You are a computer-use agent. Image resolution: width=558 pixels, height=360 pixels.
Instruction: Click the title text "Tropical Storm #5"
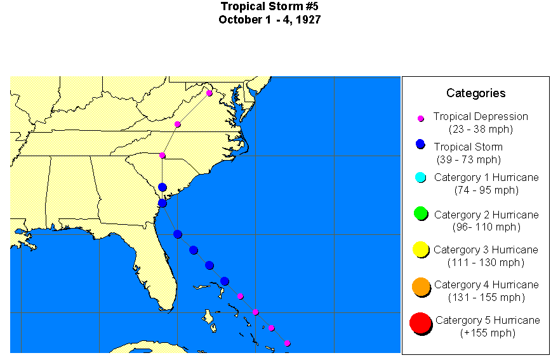[269, 6]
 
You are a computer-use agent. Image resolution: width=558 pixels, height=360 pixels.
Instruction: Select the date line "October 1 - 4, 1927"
[269, 20]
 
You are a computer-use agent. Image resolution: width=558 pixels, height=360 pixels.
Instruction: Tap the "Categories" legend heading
[475, 93]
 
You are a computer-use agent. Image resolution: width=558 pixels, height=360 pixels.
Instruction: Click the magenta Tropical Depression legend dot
[420, 119]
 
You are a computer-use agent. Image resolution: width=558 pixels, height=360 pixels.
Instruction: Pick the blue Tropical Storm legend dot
[420, 144]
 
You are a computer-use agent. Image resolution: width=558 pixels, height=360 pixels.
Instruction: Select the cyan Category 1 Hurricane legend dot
[420, 177]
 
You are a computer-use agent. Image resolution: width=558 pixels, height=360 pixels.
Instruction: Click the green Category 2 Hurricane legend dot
[420, 213]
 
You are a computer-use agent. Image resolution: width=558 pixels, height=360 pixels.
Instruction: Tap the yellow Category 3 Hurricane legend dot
[420, 250]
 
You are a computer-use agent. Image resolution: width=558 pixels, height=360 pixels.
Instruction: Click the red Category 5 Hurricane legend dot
[420, 323]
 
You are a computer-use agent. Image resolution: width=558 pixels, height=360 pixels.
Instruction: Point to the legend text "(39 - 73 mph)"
[468, 159]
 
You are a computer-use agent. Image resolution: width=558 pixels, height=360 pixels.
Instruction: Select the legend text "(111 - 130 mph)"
[486, 262]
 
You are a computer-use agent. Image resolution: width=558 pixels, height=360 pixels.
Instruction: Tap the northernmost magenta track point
[209, 93]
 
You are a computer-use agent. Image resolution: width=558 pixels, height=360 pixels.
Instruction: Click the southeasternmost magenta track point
[287, 343]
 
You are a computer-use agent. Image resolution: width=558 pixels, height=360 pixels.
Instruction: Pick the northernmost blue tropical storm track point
[163, 187]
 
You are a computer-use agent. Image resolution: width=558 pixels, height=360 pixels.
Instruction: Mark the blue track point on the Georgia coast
[163, 203]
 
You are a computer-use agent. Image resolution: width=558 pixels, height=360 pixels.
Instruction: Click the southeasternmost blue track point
[225, 281]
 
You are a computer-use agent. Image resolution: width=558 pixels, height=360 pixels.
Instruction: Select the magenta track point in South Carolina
[163, 156]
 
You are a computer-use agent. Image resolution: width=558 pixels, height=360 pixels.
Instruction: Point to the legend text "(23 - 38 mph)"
[481, 129]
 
